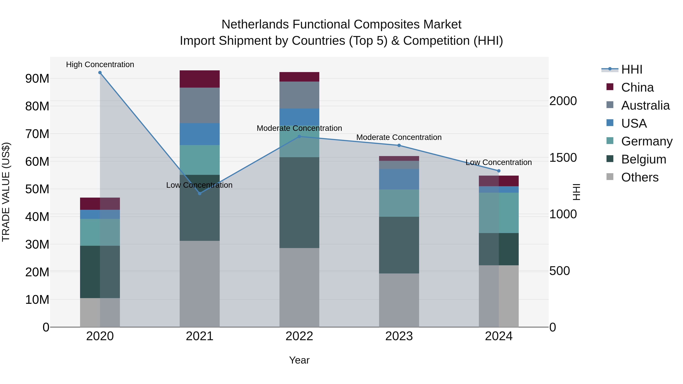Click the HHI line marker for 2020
100,73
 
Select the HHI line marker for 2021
200,193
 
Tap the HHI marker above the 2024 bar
499,171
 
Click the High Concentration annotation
100,64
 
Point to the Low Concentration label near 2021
199,185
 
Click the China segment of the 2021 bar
200,79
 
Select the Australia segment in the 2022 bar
299,95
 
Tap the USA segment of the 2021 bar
200,134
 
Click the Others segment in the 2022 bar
299,287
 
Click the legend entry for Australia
645,105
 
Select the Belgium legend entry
644,159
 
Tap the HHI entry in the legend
632,69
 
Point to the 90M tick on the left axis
37,79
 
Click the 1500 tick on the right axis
563,158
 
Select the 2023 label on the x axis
399,336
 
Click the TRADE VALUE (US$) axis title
6,192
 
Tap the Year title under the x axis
299,360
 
